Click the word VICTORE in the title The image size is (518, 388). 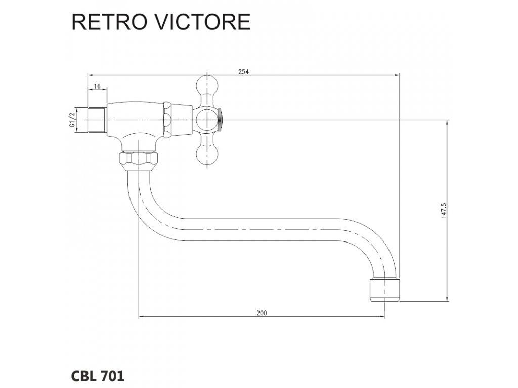[x=200, y=22]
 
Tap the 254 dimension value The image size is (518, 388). [x=243, y=72]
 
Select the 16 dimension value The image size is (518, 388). [x=97, y=86]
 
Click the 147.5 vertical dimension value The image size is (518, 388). [x=444, y=210]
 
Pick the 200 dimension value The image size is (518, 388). [x=262, y=313]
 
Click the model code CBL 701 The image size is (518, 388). [x=98, y=376]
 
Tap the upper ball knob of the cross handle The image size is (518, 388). [x=207, y=85]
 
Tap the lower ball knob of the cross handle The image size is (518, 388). [x=207, y=155]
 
